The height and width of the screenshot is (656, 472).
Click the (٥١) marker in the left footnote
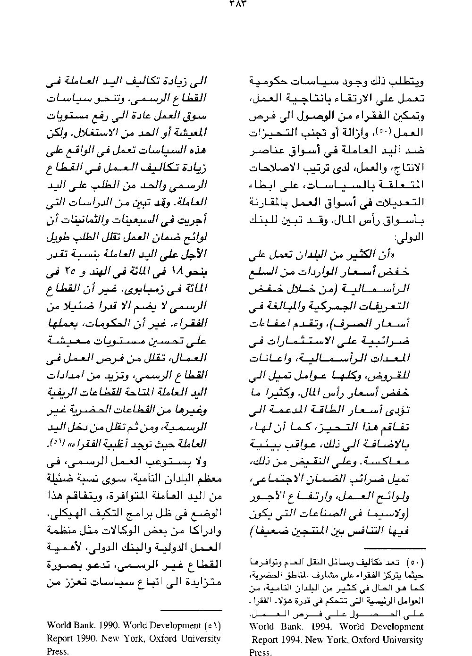click(213, 626)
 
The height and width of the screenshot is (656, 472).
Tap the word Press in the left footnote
click(58, 652)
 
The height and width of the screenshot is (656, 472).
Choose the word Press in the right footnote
click(261, 653)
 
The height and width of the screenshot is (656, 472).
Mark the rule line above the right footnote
click(395, 549)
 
